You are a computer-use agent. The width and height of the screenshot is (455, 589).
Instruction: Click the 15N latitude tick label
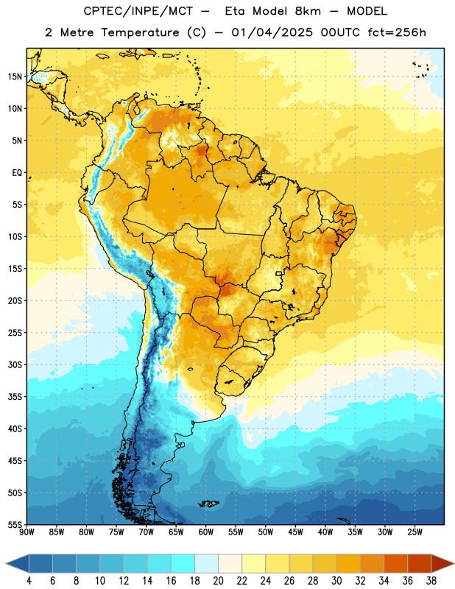click(x=15, y=77)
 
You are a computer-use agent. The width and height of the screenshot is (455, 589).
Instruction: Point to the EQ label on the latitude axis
click(x=17, y=173)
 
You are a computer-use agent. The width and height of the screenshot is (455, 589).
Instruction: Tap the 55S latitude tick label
click(x=15, y=525)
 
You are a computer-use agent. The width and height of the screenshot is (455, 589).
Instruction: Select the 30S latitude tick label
click(x=15, y=364)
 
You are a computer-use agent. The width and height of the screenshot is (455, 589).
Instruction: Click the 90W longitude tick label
click(x=27, y=532)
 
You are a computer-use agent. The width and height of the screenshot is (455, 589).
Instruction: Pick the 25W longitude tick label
click(x=415, y=532)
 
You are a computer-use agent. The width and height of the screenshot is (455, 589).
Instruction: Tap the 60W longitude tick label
click(x=206, y=532)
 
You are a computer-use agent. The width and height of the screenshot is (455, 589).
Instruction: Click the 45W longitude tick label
click(x=296, y=532)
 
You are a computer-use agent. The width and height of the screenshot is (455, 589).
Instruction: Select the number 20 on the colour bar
click(x=218, y=581)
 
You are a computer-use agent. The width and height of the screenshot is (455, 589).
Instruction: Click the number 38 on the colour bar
click(x=431, y=581)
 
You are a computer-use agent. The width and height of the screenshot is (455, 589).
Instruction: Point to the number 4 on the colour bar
click(x=29, y=581)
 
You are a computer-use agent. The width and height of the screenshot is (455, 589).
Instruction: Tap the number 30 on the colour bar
click(x=336, y=581)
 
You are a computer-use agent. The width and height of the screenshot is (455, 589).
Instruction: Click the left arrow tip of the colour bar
click(x=6, y=564)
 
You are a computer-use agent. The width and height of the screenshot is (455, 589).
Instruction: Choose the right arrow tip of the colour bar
click(x=454, y=564)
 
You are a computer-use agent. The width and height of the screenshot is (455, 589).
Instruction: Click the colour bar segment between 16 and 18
click(x=183, y=564)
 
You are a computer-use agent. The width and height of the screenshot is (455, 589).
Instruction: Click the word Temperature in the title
click(x=140, y=32)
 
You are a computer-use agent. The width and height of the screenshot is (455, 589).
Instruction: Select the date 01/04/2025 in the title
click(x=272, y=32)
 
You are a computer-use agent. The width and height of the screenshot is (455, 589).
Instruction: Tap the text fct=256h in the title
click(x=397, y=32)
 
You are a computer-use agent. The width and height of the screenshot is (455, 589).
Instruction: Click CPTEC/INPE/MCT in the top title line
click(x=138, y=11)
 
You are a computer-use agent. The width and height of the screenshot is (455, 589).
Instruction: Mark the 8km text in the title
click(x=308, y=11)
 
